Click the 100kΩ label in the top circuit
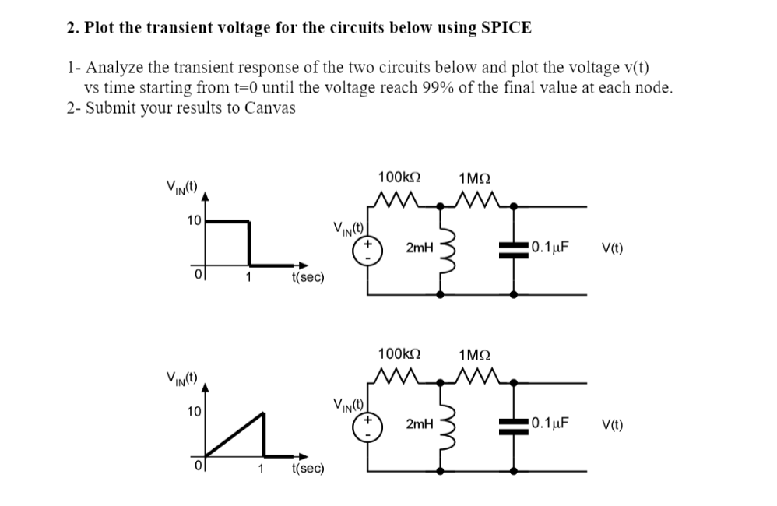[399, 177]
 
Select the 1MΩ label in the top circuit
[474, 177]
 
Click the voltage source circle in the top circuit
[368, 249]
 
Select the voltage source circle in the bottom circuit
[368, 425]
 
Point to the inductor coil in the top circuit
[445, 250]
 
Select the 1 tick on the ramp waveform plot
[261, 469]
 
